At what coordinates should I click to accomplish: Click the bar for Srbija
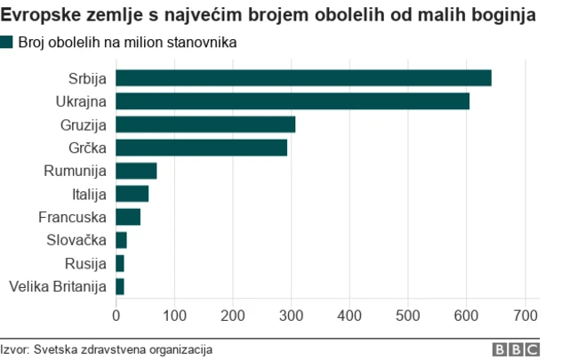[x=303, y=78]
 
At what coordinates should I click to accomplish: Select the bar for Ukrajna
[x=293, y=101]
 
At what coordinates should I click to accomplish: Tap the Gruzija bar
[x=205, y=124]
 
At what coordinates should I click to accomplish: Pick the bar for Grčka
[x=202, y=148]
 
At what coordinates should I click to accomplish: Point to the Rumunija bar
[x=136, y=171]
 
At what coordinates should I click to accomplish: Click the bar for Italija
[x=132, y=194]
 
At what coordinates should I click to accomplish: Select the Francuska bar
[x=128, y=217]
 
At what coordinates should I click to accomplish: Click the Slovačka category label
[x=76, y=240]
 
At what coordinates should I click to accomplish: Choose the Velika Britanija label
[x=57, y=286]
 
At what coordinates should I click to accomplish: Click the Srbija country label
[x=87, y=78]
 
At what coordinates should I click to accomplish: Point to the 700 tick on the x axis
[x=526, y=315]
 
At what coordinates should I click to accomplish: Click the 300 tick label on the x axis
[x=292, y=315]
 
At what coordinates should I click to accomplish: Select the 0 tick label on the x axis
[x=116, y=315]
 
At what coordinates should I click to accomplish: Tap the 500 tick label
[x=409, y=315]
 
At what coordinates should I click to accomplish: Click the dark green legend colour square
[x=7, y=42]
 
